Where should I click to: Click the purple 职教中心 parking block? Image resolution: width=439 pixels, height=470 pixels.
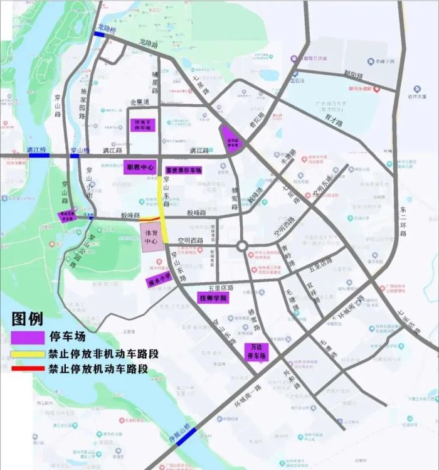coord(140,168)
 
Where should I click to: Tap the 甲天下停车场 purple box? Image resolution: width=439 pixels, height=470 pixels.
coord(140,124)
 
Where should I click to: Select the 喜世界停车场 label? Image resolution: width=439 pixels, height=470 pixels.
coord(183,170)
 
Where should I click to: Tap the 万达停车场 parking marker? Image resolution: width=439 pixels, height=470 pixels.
coord(255,352)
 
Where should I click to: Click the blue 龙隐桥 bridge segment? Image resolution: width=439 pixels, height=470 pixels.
coord(100,35)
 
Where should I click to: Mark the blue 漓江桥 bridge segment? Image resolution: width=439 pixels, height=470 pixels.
coord(36,156)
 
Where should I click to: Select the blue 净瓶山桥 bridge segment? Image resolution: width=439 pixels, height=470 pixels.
coord(186,437)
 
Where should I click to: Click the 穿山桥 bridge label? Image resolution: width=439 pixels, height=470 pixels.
coord(80,151)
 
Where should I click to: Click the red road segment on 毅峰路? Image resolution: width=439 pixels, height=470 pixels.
coord(149,219)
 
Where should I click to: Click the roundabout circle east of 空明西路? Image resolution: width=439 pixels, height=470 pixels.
coord(242,247)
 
